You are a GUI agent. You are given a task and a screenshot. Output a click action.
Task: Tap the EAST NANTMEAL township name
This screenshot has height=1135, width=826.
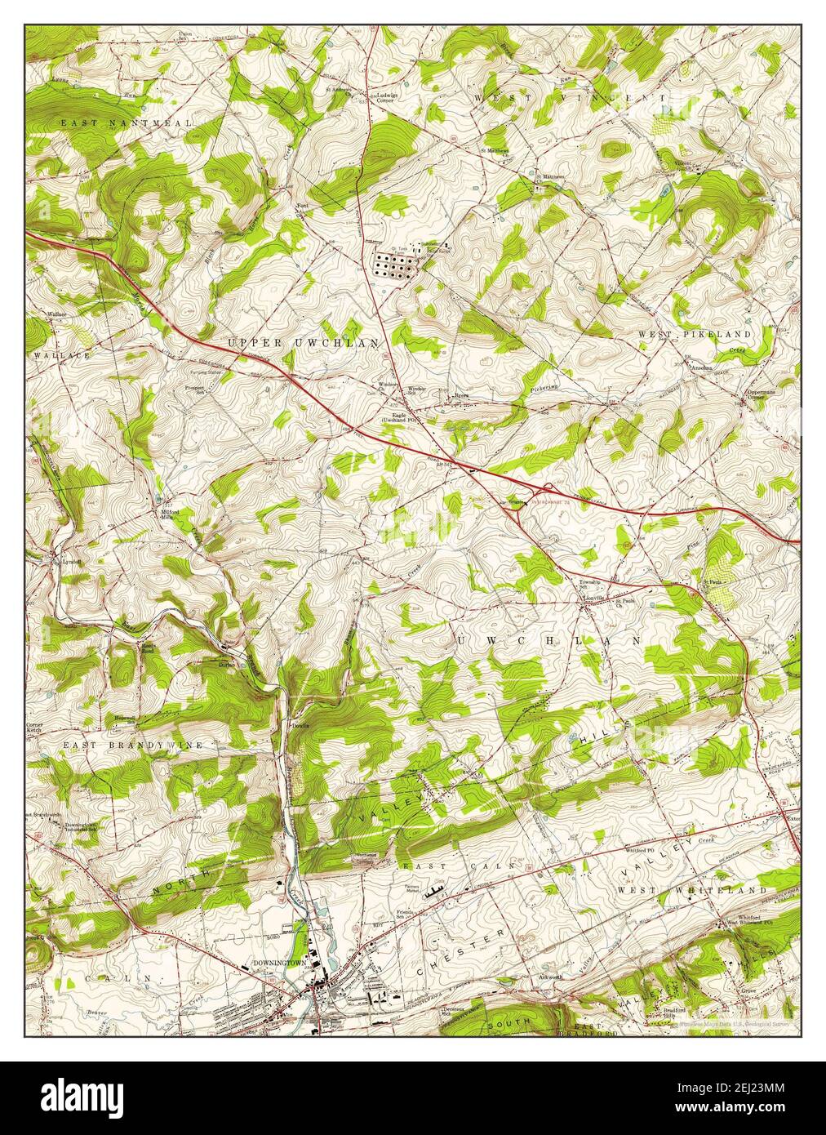pos(127,122)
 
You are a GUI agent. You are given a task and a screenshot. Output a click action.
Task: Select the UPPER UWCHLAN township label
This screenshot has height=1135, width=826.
pos(304,344)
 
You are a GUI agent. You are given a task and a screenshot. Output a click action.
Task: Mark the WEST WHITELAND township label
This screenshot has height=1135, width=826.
pos(692,890)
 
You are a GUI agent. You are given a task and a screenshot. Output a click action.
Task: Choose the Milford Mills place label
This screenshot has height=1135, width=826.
pos(168,514)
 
